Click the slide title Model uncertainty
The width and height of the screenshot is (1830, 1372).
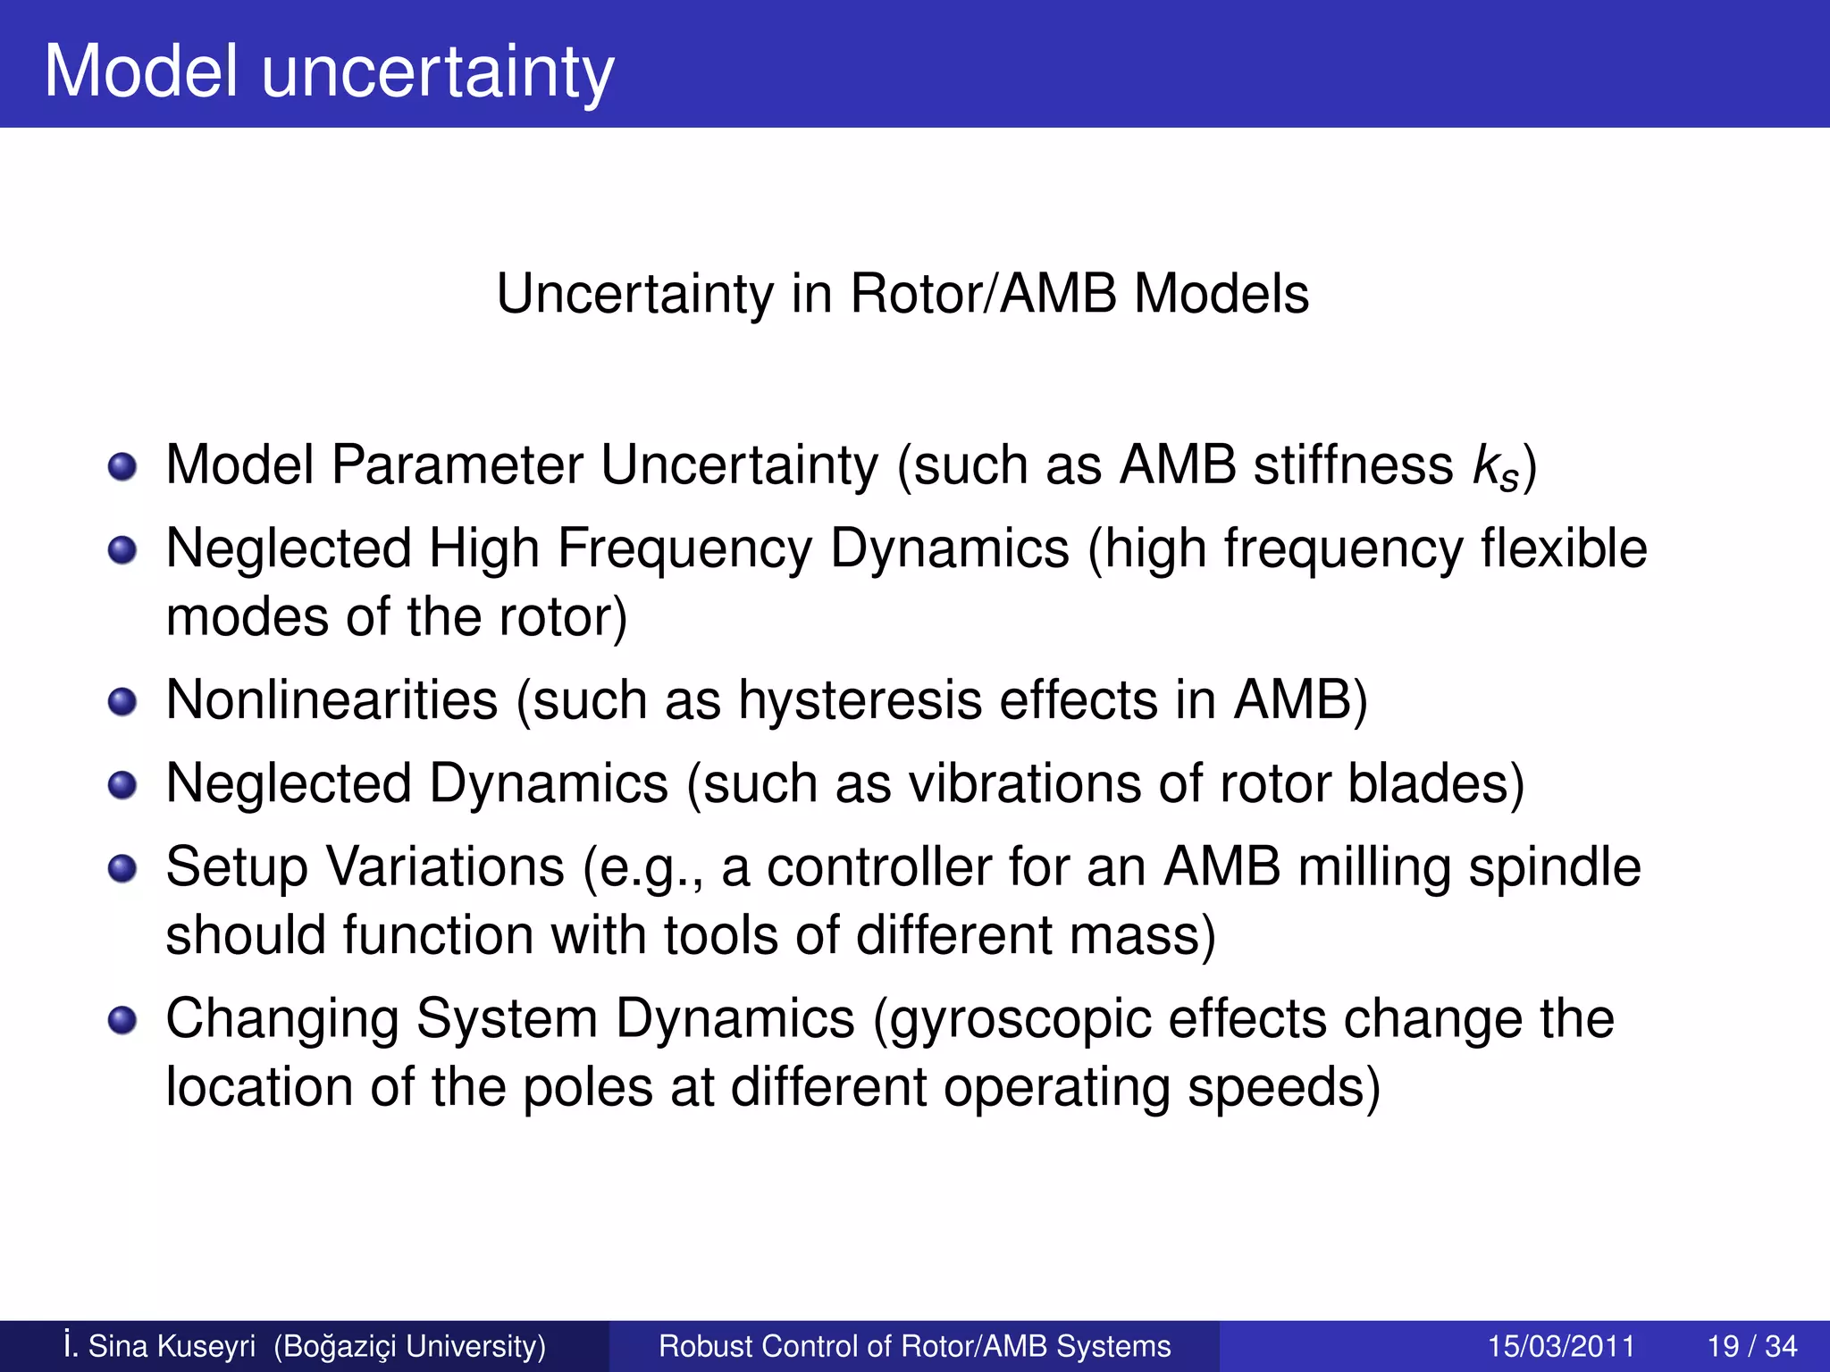[329, 71]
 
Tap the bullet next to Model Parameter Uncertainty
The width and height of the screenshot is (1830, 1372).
[122, 466]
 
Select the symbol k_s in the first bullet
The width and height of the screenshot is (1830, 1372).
[1495, 468]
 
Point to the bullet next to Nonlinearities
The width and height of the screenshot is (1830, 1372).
[122, 701]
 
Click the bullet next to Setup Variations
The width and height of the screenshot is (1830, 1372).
[122, 868]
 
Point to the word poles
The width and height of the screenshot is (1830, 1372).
[587, 1089]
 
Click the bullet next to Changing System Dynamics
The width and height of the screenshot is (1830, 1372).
[122, 1020]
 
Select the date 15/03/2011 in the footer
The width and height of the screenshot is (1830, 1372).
[1560, 1346]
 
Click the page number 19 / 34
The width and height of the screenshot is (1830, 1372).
[1751, 1346]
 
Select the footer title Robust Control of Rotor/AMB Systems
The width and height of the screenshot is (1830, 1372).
[914, 1346]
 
